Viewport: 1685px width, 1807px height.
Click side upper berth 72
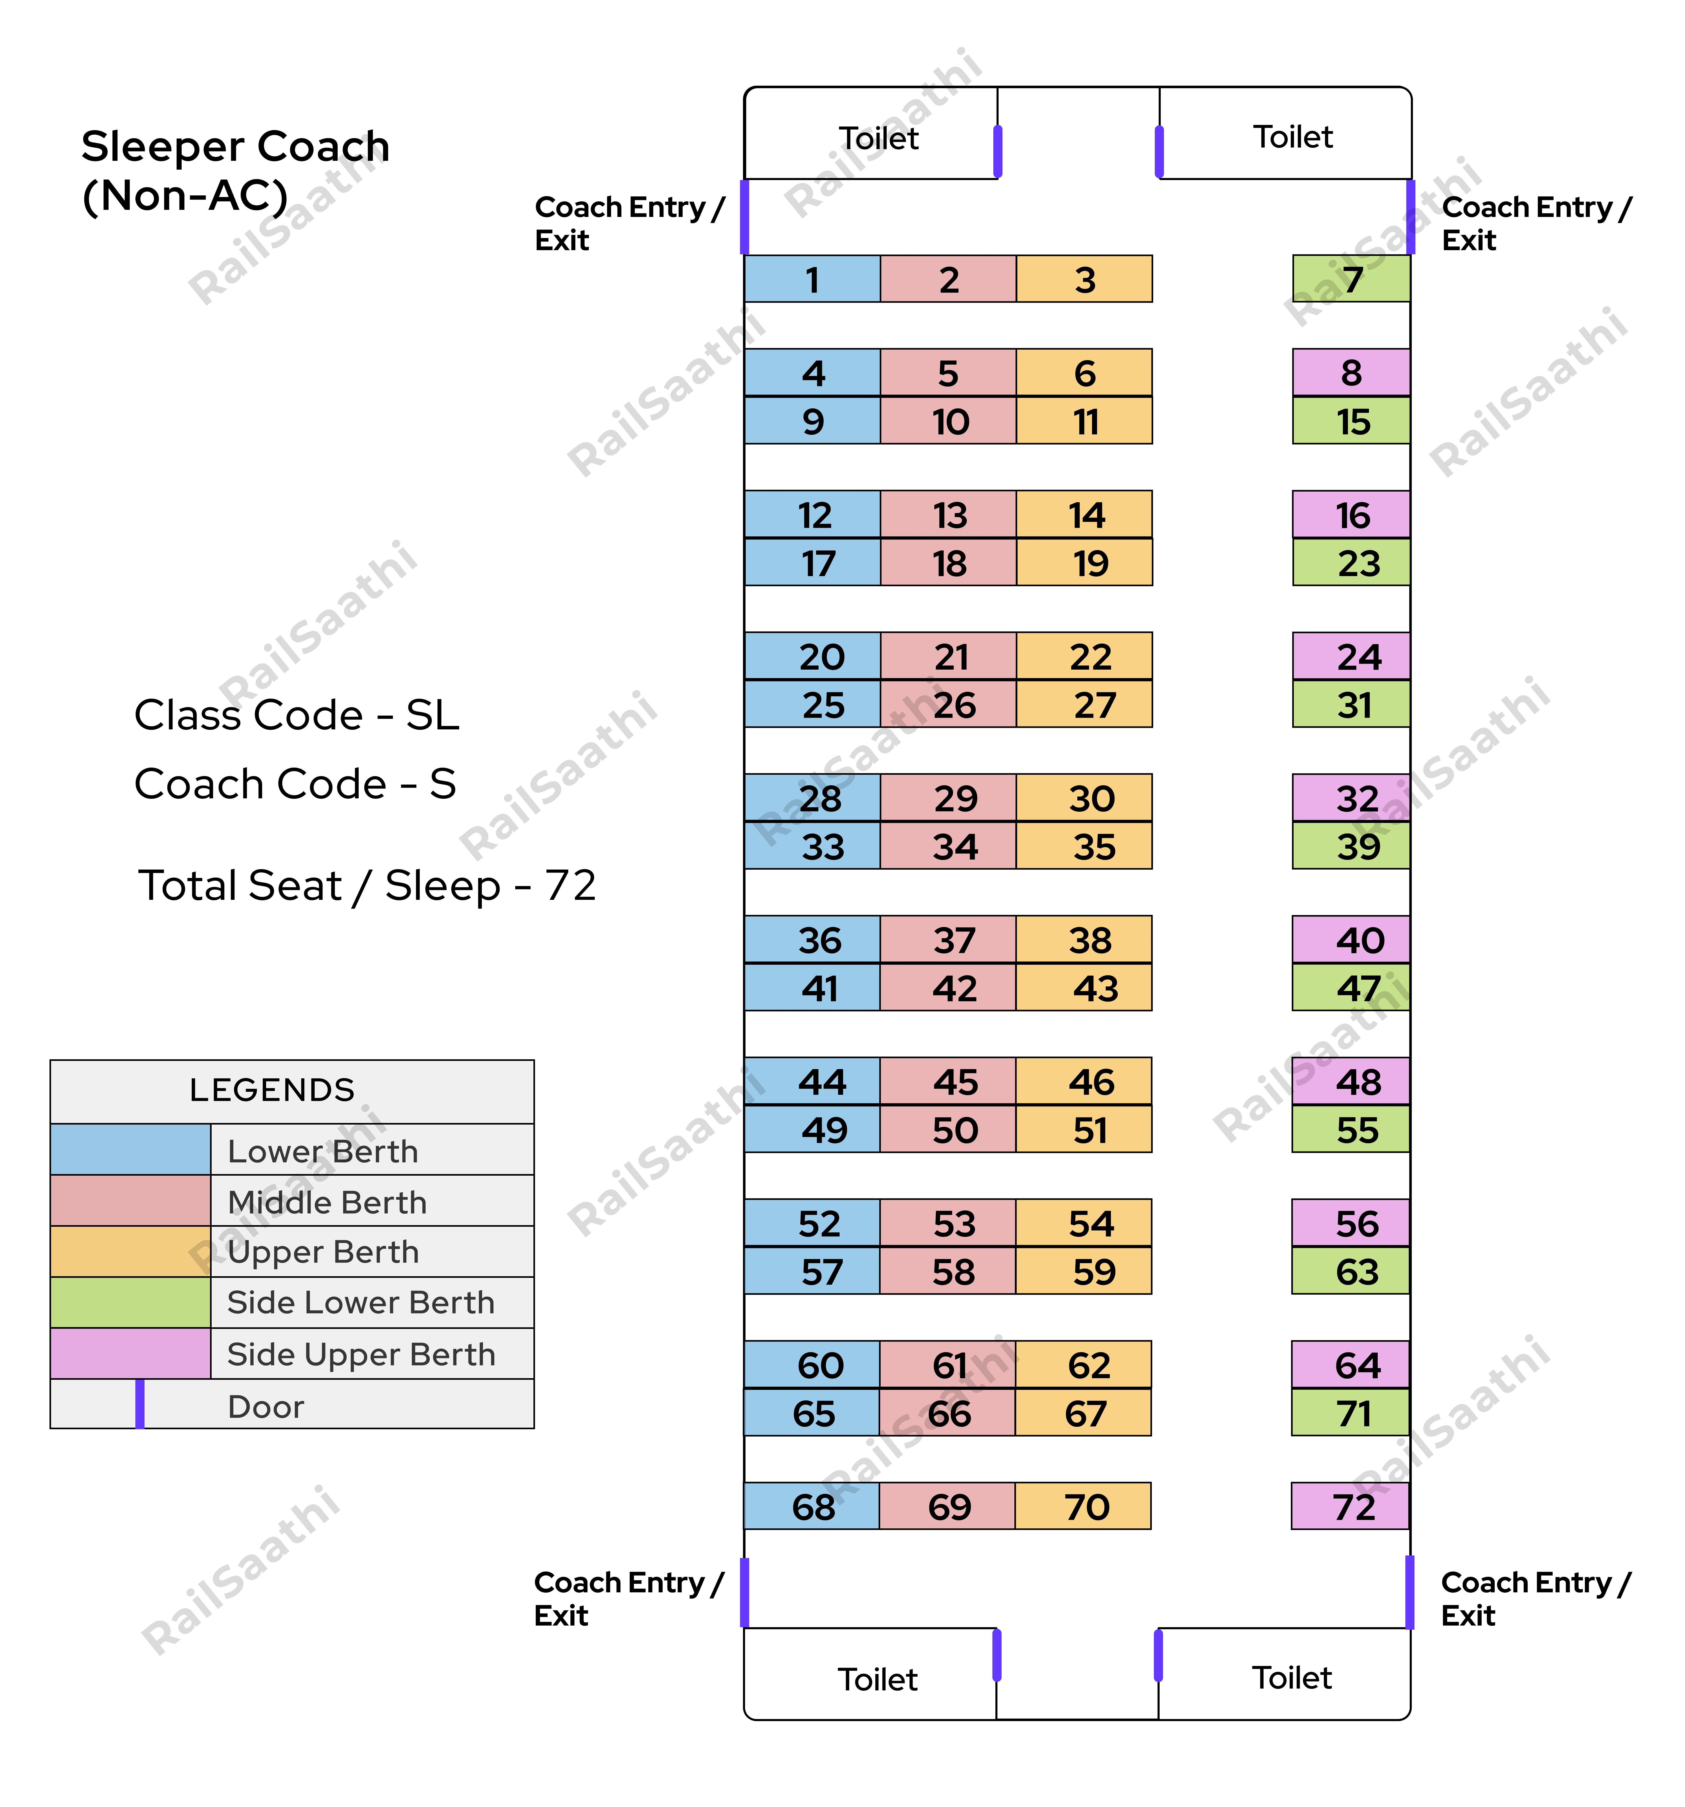point(1351,1506)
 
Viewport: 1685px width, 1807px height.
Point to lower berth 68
point(812,1506)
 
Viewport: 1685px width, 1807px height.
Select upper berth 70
point(1083,1506)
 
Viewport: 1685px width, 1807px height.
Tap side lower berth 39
point(1351,845)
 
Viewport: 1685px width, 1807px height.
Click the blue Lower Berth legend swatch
point(131,1149)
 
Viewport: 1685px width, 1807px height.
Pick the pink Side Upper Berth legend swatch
point(131,1353)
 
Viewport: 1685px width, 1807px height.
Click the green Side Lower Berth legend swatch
point(131,1303)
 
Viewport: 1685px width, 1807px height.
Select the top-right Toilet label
point(1292,136)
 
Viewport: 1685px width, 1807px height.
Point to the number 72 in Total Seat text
point(570,884)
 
